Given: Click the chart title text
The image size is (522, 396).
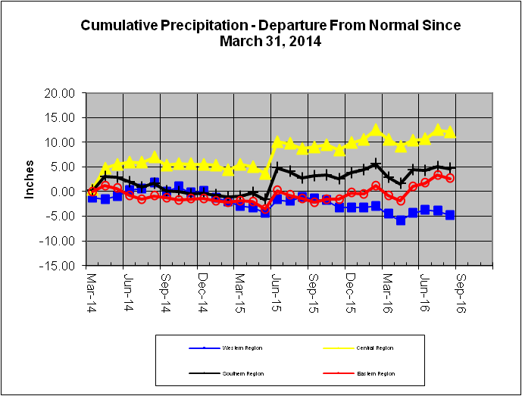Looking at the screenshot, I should pos(270,33).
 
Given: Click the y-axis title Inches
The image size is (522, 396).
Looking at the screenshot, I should pos(30,179).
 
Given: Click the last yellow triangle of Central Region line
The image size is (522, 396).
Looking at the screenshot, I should pos(450,133).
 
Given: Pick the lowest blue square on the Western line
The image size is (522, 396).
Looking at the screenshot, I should pos(401,220).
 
